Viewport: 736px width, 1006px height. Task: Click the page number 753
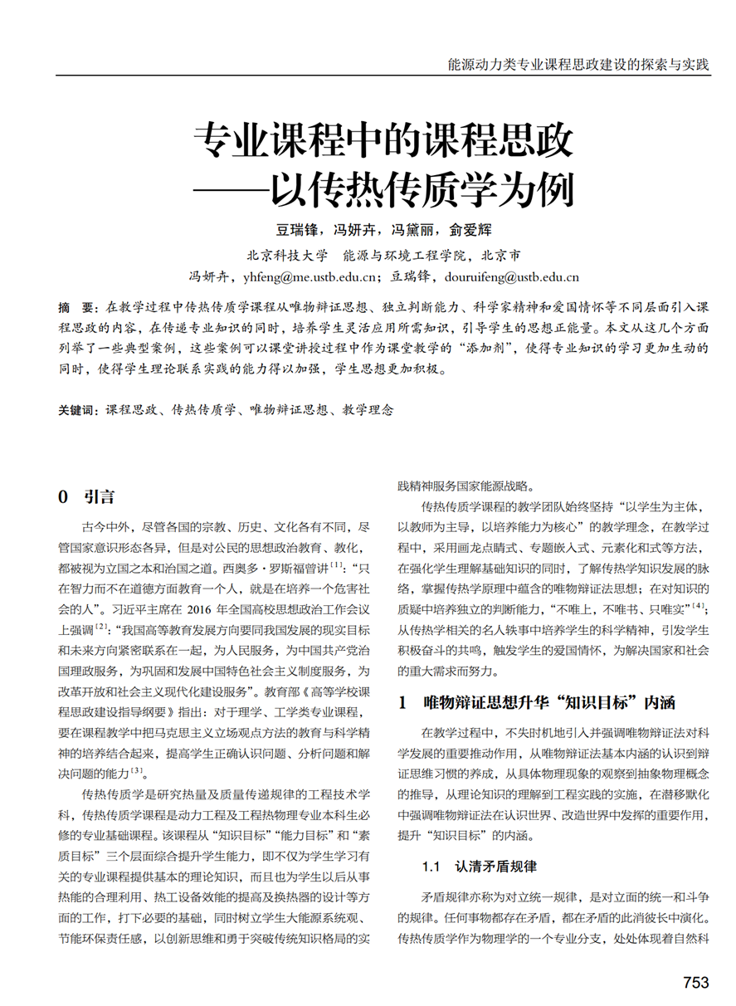pos(695,983)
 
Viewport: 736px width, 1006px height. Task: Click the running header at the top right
pos(578,64)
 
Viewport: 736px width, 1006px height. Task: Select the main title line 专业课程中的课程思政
pos(383,142)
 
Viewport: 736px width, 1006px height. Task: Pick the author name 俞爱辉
pos(471,230)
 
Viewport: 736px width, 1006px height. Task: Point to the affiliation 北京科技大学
pos(287,255)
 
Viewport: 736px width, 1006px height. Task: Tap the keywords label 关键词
pos(77,410)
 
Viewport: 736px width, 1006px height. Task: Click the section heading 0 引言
pos(86,497)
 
